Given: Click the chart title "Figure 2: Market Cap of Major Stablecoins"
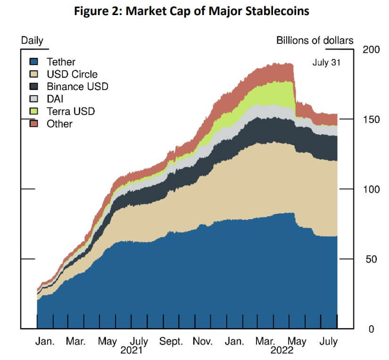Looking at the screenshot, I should pos(194,11).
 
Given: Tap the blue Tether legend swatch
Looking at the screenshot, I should pos(34,62).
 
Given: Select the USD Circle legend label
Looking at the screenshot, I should pos(72,74).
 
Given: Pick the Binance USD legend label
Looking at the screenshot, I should pos(77,87).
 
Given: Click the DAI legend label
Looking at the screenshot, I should pos(55,99).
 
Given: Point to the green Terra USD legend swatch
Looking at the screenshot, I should pos(34,112).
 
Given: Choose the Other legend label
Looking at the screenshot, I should pos(59,124).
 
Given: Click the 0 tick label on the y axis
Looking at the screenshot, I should pos(371,329).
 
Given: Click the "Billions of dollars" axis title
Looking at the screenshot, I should pos(315,41).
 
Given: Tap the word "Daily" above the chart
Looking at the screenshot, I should pos(32,41).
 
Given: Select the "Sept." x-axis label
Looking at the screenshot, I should pos(171,341).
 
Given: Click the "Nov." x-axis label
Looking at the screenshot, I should pos(204,341).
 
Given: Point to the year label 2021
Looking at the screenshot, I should pos(132,351).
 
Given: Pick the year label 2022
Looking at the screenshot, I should pos(282,351).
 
